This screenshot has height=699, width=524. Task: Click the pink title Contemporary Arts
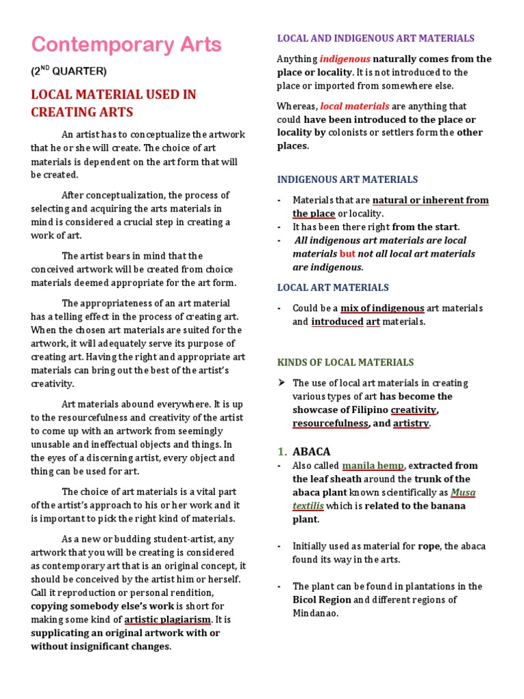(x=126, y=45)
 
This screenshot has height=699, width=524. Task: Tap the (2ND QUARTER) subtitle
(x=69, y=70)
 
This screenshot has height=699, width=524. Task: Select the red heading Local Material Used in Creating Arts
(x=113, y=103)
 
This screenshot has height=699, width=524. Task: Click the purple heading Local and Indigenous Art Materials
(x=375, y=38)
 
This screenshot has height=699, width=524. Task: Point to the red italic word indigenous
(x=345, y=59)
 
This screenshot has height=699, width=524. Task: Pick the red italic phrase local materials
(x=355, y=106)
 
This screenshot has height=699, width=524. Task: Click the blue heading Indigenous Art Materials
(x=347, y=180)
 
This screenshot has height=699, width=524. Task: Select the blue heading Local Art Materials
(x=333, y=287)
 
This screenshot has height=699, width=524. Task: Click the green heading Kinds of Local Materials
(x=345, y=362)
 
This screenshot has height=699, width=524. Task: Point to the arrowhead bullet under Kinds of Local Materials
(x=280, y=382)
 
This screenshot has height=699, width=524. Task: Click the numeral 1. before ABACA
(x=282, y=451)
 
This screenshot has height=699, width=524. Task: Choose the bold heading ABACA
(x=311, y=451)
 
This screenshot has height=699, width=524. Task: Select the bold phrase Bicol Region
(x=322, y=599)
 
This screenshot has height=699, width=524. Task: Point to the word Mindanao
(x=315, y=613)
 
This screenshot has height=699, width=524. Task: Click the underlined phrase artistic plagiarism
(x=167, y=619)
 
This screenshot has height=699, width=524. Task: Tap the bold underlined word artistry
(x=411, y=423)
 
